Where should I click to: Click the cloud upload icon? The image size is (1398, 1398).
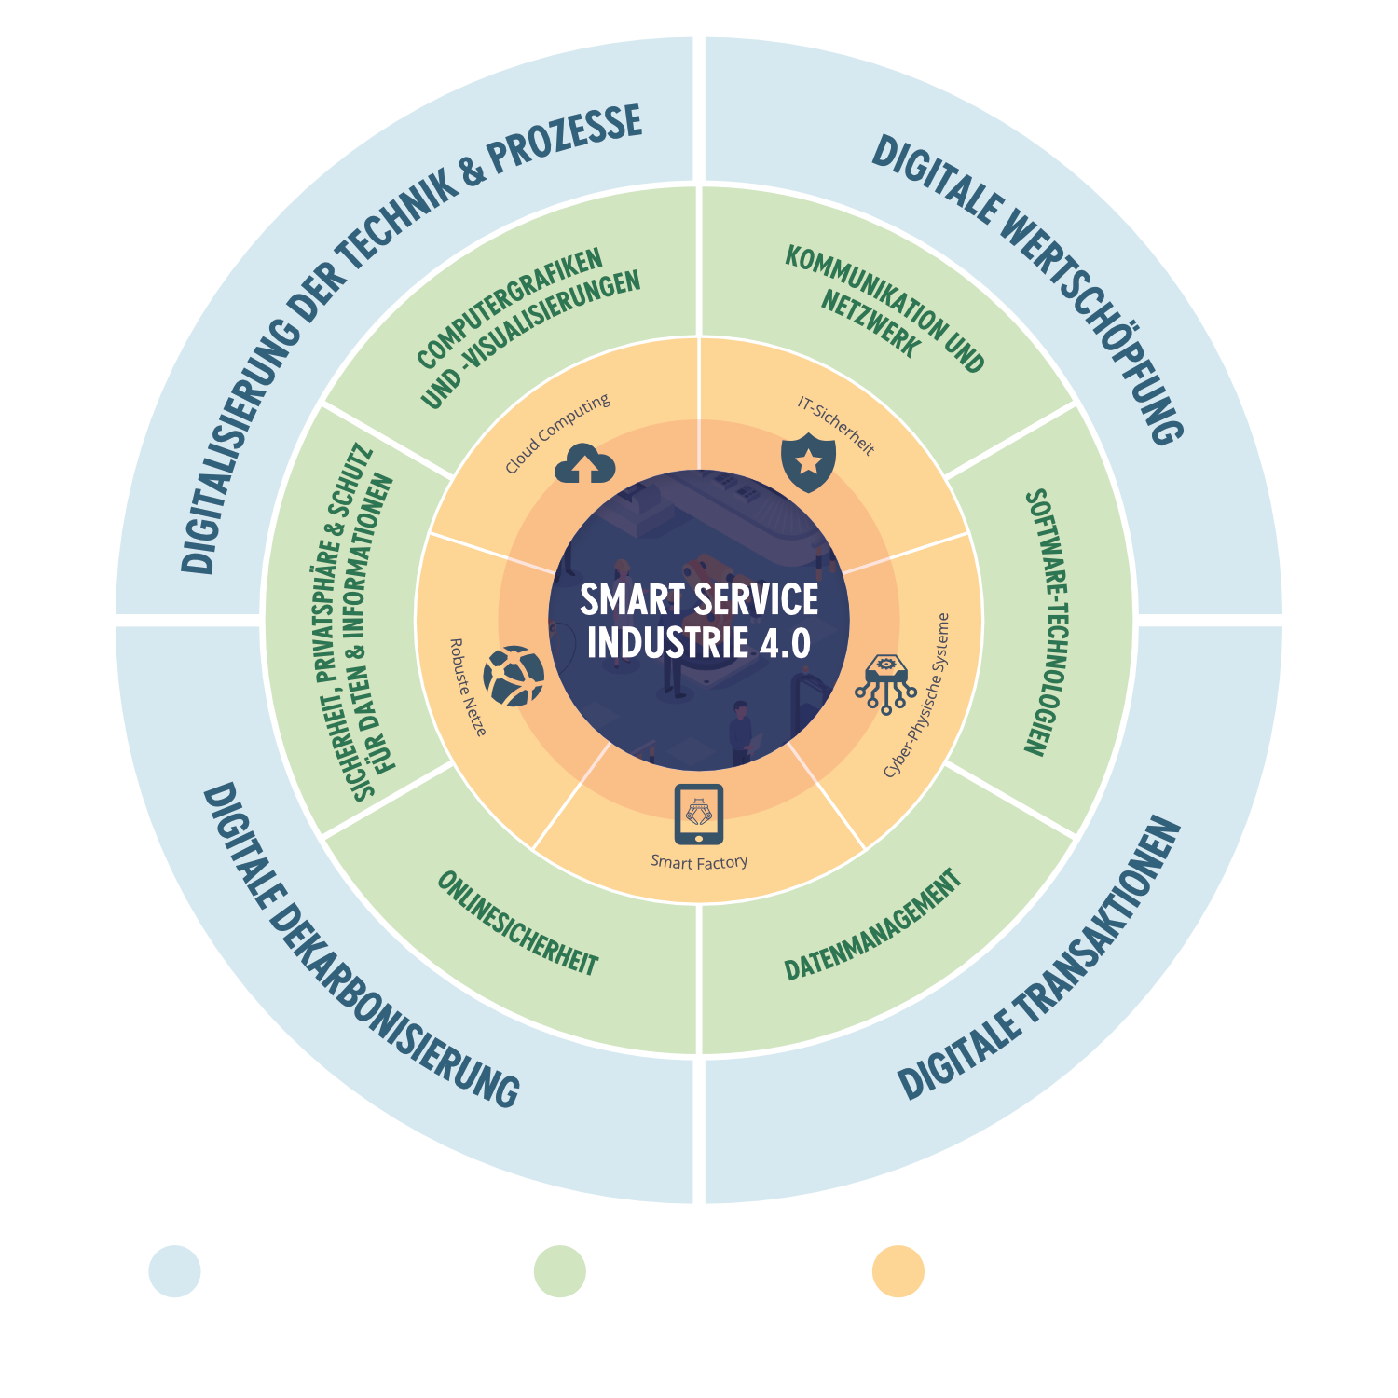tap(584, 464)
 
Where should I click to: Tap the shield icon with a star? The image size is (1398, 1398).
tap(808, 461)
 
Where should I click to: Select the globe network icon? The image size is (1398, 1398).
tap(514, 676)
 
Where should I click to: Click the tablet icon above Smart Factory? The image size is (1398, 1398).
tap(699, 814)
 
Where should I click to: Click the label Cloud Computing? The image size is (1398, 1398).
tap(557, 432)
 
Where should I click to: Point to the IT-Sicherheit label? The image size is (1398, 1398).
tap(836, 426)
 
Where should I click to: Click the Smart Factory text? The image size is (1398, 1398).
tap(699, 862)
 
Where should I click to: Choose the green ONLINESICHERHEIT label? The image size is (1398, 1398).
tap(517, 924)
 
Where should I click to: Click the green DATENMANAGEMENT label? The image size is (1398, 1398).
tap(872, 925)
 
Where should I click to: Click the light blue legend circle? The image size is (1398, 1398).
tap(174, 1271)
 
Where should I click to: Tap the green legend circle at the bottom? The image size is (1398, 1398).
tap(559, 1271)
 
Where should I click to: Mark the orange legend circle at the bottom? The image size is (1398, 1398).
tap(898, 1271)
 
